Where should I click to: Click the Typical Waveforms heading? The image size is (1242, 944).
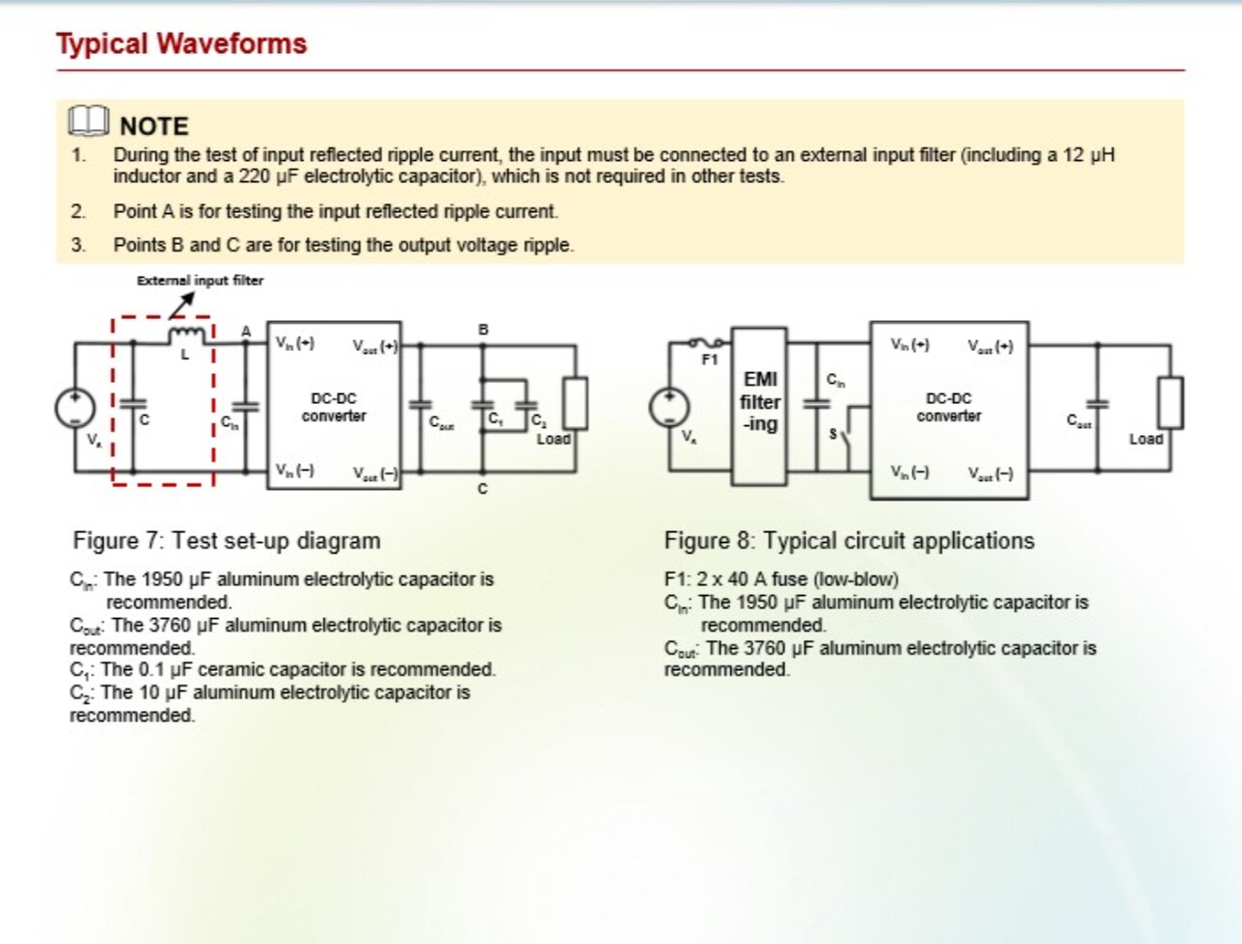tap(181, 44)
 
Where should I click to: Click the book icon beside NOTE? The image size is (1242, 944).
tap(89, 122)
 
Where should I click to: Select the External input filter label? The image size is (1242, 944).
tap(200, 281)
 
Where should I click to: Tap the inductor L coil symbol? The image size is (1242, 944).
tap(186, 334)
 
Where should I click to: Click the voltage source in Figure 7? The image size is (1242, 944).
tap(73, 407)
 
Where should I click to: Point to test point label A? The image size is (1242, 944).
tap(246, 332)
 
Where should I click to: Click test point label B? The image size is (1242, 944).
tap(483, 330)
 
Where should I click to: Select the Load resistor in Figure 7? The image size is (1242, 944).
tap(575, 402)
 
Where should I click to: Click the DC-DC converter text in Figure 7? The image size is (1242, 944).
tap(334, 407)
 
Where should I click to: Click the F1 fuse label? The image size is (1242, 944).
tap(710, 360)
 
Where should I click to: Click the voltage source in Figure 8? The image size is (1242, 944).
tap(667, 407)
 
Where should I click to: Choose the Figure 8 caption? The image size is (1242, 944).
tap(849, 541)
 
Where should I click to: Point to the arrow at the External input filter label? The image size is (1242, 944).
tap(182, 303)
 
